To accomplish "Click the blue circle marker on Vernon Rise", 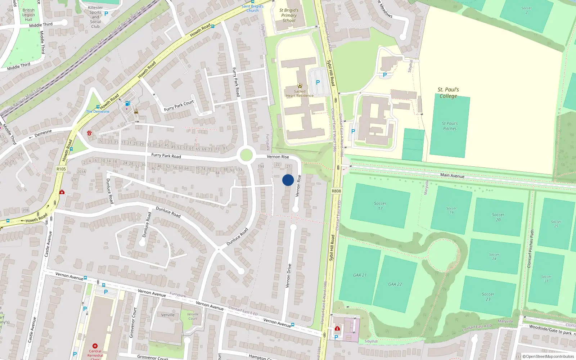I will (288, 180).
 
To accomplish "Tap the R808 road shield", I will (336, 191).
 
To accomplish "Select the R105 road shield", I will (61, 169).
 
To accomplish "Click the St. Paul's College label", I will (448, 93).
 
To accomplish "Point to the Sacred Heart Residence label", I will (300, 94).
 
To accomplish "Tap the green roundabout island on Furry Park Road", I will (246, 155).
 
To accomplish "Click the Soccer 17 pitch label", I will (380, 206).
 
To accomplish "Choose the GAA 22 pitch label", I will (395, 284).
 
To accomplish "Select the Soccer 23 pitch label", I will (488, 297).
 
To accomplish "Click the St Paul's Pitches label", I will (450, 126).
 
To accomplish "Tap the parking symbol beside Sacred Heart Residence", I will (318, 82).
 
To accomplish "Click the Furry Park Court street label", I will (179, 105).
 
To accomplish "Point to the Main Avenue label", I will (452, 175).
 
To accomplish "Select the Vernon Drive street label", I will (288, 275).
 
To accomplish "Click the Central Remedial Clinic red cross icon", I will (95, 346).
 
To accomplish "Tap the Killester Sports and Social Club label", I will (95, 17).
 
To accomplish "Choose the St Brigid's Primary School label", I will (289, 15).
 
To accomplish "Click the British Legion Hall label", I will (28, 15).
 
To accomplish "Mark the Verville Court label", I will (193, 316).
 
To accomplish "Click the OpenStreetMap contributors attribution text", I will (550, 357).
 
